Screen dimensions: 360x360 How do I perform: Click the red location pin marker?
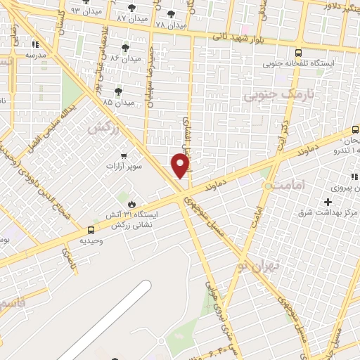click(x=181, y=165)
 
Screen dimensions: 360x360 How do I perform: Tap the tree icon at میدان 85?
click(x=118, y=91)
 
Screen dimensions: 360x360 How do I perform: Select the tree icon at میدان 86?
click(x=125, y=48)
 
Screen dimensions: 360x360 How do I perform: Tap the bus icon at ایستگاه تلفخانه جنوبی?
click(x=299, y=53)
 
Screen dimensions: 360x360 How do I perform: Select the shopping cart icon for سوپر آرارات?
click(x=124, y=155)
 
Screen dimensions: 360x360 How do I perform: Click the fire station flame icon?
click(x=131, y=202)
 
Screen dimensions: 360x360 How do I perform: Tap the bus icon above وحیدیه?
click(x=91, y=229)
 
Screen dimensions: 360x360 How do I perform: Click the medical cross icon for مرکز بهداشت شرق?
click(x=328, y=202)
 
